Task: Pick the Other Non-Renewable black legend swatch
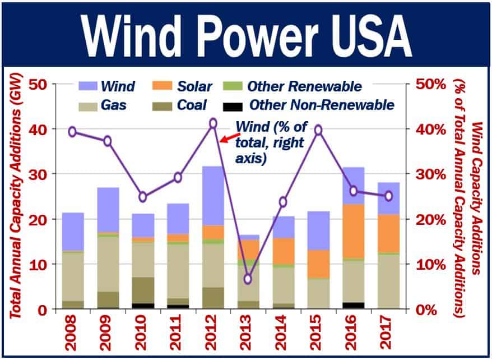click(x=232, y=105)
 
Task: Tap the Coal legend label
click(x=190, y=105)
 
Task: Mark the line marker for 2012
click(x=213, y=123)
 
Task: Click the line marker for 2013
click(x=248, y=279)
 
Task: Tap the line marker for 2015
click(x=318, y=130)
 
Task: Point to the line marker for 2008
click(x=72, y=132)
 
